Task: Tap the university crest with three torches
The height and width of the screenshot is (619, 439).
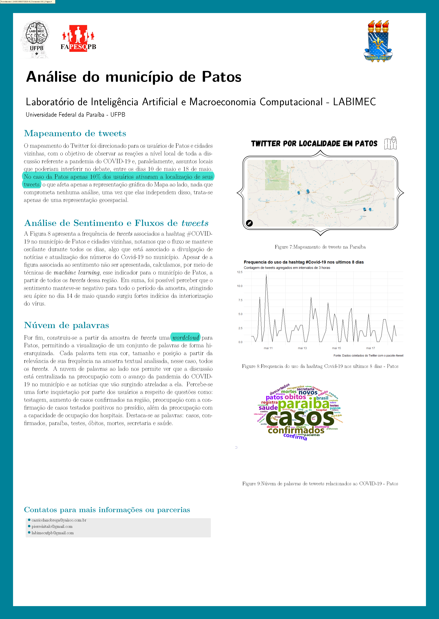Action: (378, 41)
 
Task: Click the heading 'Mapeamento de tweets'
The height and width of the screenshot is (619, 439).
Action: (75, 133)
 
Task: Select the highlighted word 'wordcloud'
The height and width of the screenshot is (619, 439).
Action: (186, 338)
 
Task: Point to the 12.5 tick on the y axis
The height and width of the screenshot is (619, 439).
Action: (240, 272)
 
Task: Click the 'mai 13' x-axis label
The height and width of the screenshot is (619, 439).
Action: (302, 348)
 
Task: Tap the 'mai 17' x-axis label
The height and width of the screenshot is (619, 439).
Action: (370, 348)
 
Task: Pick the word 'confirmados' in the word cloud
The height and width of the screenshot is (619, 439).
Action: (296, 430)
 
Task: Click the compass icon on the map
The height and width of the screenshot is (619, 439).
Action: (249, 223)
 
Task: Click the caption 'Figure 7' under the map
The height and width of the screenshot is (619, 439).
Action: (320, 247)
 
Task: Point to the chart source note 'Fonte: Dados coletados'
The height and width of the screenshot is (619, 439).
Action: (368, 355)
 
